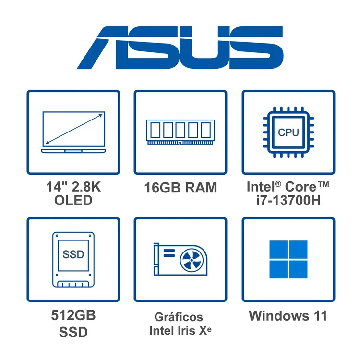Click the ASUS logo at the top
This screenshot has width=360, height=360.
[180, 48]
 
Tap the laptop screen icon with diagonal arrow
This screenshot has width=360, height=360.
[73, 132]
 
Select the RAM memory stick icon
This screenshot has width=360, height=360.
[180, 132]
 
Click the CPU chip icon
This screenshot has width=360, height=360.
[288, 132]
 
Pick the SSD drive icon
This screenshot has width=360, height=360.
[73, 259]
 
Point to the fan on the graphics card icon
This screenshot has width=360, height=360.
[192, 260]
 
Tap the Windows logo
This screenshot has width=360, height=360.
[288, 259]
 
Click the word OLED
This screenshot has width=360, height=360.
[73, 200]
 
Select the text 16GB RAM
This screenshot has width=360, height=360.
[180, 188]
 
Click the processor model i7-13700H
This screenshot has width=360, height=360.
[288, 200]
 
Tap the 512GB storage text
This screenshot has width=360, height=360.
[73, 315]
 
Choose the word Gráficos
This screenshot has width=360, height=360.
[179, 318]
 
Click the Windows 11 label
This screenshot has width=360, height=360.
[288, 316]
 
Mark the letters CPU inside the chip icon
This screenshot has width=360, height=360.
[288, 132]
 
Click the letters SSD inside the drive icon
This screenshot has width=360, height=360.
[73, 254]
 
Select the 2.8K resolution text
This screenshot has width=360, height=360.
[86, 187]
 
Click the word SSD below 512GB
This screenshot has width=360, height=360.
[73, 332]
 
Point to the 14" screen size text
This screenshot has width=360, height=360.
[57, 187]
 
